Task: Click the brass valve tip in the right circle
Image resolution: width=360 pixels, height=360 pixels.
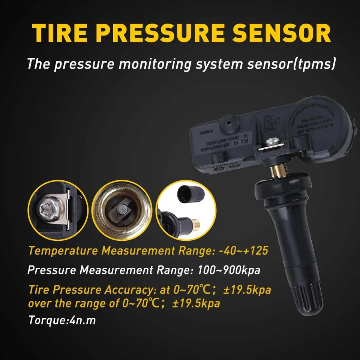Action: [195, 225]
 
